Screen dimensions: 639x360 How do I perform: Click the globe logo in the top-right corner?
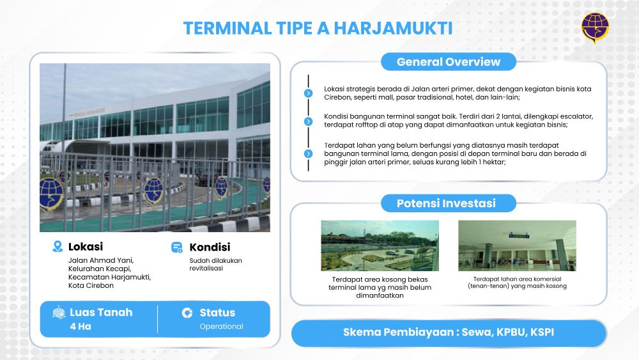pos(595,27)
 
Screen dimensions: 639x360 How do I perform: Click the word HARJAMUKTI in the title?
pos(393,29)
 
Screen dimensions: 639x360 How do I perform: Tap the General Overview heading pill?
pos(449,62)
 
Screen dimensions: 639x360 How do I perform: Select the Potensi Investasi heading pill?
pos(449,203)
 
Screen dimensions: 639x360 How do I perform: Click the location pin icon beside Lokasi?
pos(58,246)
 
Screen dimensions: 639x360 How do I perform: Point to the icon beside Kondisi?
pos(177,247)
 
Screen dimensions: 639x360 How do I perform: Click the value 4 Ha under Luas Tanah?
pos(81,326)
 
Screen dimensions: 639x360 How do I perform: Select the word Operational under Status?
pos(221,326)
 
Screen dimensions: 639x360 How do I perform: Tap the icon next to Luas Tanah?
pos(59,312)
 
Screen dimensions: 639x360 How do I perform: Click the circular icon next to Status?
pos(187,313)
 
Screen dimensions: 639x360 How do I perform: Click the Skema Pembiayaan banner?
pos(449,333)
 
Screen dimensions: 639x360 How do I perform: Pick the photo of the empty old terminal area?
pos(380,246)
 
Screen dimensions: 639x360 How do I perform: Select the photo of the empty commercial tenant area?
pos(517,246)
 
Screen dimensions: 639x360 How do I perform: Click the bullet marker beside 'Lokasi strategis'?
pos(309,93)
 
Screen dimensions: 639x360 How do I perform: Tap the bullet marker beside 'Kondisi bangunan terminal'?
pos(309,121)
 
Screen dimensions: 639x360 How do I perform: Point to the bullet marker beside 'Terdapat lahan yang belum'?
pos(309,153)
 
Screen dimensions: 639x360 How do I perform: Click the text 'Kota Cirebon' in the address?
pos(91,285)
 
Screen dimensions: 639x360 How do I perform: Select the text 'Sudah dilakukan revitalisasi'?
pos(215,264)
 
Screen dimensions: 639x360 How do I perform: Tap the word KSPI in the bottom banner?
pos(542,333)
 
